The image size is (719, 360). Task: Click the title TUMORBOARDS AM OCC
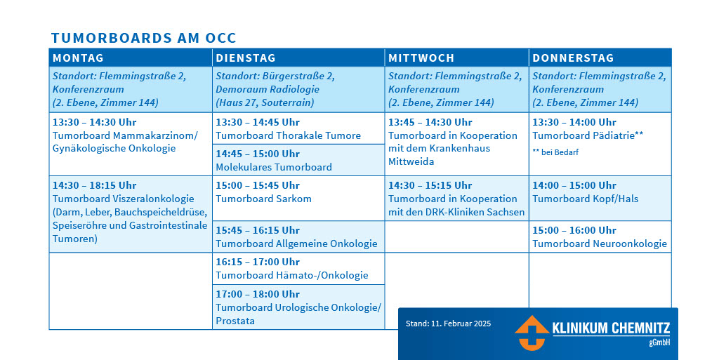coord(143,38)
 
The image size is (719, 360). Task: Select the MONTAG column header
coord(79,58)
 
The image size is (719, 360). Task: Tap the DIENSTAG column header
coord(246,58)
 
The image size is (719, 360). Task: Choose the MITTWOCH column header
coord(421,58)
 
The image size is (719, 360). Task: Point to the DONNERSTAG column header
coord(573,58)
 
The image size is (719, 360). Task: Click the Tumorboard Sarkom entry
coord(264,199)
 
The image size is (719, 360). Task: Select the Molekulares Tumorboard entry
coord(274,167)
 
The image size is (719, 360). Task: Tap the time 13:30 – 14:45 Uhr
coord(258,122)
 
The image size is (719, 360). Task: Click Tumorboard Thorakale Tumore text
coord(289,135)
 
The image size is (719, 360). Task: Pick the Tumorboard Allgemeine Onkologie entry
coord(297,244)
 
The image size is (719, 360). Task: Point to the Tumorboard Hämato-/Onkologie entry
coord(292,275)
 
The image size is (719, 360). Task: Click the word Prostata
coord(235,321)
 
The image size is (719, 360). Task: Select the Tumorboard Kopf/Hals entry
coord(586,199)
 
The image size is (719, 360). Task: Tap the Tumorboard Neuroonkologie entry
coord(600,244)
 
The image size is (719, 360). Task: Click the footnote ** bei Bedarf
coord(555,152)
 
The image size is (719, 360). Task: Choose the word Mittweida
coord(411,161)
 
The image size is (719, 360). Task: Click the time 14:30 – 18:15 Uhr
coord(95,185)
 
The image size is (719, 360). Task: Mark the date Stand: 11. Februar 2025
coord(448,324)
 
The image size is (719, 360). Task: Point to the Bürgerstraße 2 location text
coord(298,76)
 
